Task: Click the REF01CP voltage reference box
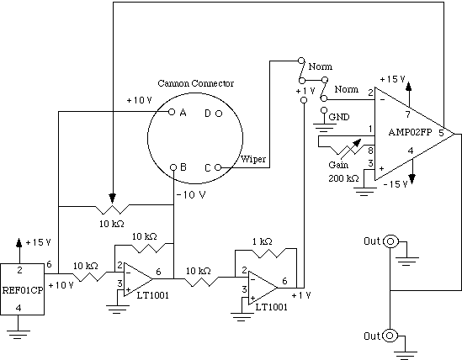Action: (x=22, y=289)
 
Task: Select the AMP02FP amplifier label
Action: (x=410, y=132)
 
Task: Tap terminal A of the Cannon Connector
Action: (x=172, y=112)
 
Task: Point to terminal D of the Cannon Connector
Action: (x=219, y=114)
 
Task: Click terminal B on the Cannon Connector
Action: (x=173, y=167)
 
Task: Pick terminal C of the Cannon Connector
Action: (x=218, y=167)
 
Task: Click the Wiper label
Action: (x=253, y=159)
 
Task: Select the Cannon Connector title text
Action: (x=196, y=83)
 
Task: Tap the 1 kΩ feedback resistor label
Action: (x=263, y=241)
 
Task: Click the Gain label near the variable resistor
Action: (x=338, y=165)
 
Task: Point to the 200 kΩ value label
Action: (x=343, y=178)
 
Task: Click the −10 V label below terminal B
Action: (x=191, y=195)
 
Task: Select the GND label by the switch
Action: (x=339, y=117)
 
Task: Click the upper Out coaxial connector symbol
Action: (x=390, y=242)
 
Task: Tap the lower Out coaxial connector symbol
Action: (x=390, y=336)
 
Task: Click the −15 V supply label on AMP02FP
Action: (x=396, y=184)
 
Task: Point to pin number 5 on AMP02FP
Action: (x=441, y=133)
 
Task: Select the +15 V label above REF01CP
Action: (x=39, y=242)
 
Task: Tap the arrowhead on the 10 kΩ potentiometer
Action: (x=112, y=198)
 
